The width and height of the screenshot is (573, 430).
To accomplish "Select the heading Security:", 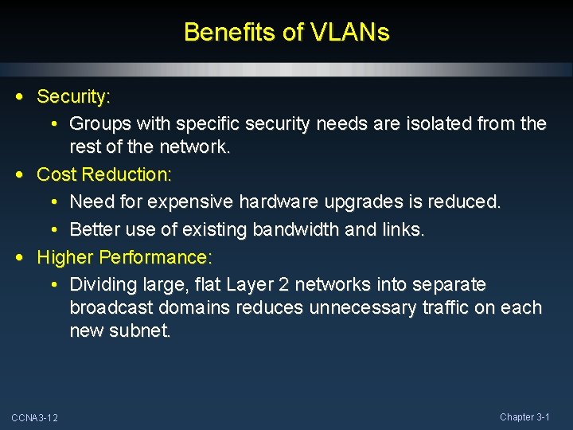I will [x=74, y=97].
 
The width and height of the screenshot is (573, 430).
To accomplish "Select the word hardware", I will [x=275, y=202].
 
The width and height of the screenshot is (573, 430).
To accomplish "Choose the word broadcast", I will [x=107, y=307].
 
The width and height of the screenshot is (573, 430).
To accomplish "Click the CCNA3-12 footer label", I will [x=34, y=418].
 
